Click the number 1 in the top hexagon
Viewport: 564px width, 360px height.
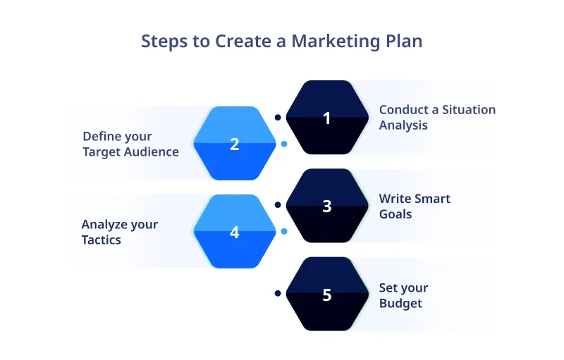pos(326,118)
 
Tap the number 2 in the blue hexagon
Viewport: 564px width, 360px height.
pos(235,144)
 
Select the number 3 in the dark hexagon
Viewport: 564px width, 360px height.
pos(326,206)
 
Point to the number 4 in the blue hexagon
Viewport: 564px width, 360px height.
pos(235,232)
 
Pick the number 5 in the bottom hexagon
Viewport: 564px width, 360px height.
pos(326,294)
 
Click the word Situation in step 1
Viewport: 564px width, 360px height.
pos(467,110)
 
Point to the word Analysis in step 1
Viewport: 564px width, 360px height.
pos(403,125)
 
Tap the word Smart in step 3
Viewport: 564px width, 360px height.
pos(432,198)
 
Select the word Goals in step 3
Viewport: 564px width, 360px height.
pos(396,213)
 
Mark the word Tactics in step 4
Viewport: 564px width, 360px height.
pos(101,240)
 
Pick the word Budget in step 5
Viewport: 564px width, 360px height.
pos(400,304)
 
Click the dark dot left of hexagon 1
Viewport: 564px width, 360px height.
pos(278,117)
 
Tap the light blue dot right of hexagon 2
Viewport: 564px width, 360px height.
pos(284,144)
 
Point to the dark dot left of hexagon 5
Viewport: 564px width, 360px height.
pos(278,293)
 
